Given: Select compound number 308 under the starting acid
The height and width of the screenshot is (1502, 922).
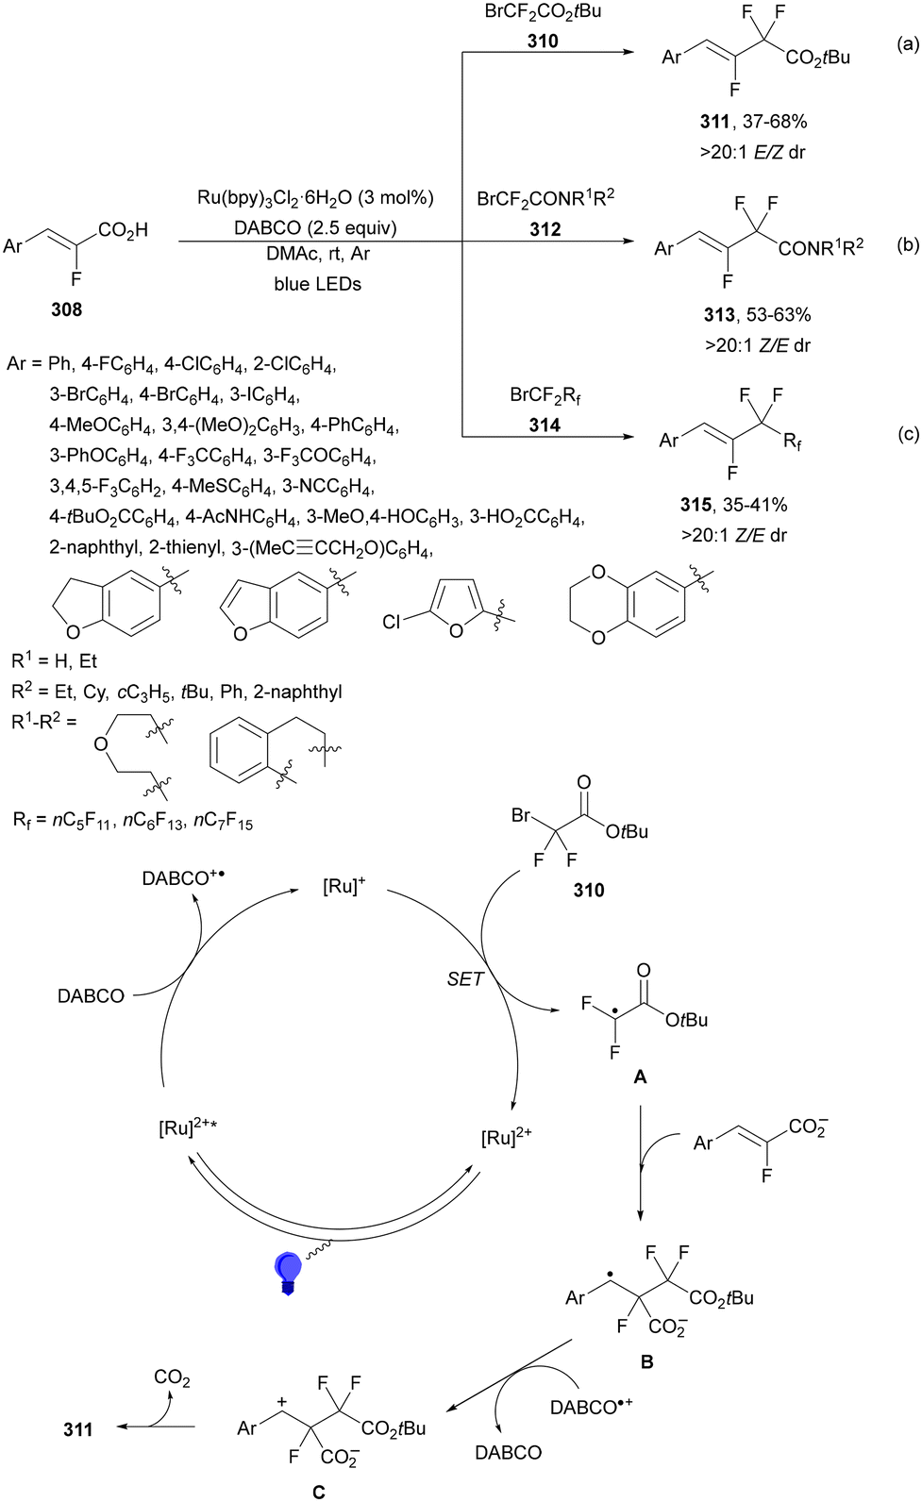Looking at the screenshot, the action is (66, 309).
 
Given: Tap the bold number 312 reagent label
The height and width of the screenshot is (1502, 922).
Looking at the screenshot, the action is (545, 229).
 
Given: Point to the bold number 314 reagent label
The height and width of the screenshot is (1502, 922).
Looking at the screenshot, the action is (545, 426).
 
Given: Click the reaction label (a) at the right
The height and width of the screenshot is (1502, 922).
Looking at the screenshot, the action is (909, 44).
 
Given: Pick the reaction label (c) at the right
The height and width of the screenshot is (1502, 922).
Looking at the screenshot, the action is (909, 435).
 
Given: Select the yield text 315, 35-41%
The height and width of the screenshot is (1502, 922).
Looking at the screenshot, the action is (733, 505).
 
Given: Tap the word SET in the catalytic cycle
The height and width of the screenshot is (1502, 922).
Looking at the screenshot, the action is (465, 979).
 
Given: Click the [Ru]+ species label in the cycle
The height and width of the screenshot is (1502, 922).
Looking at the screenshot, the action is (344, 887).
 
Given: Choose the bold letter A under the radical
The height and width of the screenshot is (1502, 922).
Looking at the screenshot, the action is (641, 1076).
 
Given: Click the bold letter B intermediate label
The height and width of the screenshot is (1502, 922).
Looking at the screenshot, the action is (647, 1361).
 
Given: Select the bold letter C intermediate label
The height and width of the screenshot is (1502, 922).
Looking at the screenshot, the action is (319, 1492).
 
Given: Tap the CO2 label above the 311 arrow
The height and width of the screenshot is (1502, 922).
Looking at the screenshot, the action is (173, 1378).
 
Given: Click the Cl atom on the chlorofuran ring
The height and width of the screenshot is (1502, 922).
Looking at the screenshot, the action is (392, 623).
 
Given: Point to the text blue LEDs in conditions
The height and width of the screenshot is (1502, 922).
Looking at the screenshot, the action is (318, 284).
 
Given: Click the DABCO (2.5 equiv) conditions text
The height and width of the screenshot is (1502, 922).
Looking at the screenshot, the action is (315, 228).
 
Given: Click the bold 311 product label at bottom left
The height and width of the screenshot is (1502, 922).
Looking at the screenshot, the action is (78, 1429).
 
